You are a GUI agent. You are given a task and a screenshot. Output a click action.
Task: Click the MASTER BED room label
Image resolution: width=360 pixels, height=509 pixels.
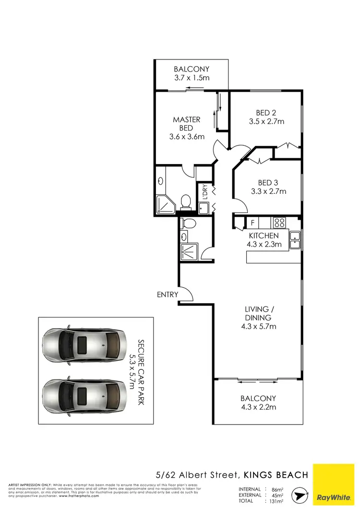pos(186,124)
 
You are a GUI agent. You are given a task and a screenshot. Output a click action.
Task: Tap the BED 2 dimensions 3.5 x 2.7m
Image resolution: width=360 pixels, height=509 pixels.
pos(266,122)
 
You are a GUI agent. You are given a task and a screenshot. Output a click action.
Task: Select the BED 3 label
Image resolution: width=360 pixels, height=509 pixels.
pos(268,183)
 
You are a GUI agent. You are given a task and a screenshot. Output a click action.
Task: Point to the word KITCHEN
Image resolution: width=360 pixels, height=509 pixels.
pos(264,236)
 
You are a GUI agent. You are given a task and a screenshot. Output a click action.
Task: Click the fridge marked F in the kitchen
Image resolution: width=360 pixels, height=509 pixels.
pos(252,223)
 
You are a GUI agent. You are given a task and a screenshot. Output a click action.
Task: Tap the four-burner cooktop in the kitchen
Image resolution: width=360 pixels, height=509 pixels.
pos(279,223)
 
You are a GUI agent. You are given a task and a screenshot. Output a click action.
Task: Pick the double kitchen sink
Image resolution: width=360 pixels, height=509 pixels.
pos(295,240)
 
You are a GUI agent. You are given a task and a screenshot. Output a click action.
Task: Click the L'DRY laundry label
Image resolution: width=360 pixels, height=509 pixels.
pos(205,192)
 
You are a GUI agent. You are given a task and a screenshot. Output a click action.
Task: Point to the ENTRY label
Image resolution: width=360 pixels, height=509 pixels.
pos(168,295)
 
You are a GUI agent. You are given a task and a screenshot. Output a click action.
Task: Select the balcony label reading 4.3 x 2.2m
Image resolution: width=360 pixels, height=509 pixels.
pos(259,408)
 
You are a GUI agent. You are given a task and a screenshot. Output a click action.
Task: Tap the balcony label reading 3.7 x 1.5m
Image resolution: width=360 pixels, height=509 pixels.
pos(192,78)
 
